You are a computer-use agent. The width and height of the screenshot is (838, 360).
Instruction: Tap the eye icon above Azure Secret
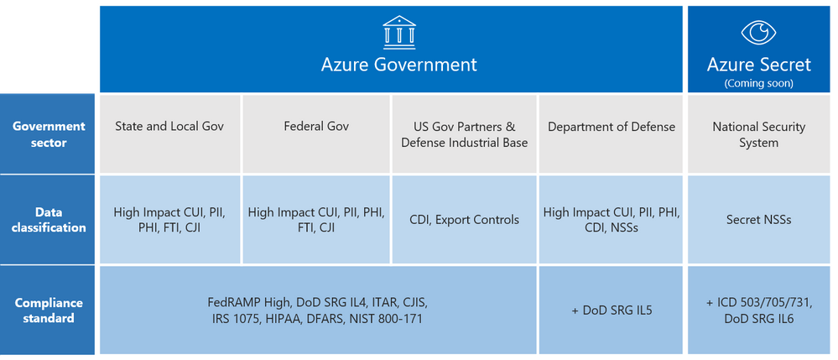pyautogui.click(x=758, y=32)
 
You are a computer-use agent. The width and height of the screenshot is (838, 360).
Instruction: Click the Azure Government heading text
pyautogui.click(x=399, y=65)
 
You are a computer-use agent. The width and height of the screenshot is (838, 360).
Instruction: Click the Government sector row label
pyautogui.click(x=49, y=134)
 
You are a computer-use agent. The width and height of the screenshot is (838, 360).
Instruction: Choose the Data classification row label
pyautogui.click(x=49, y=220)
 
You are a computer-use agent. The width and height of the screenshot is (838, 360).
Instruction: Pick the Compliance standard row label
pyautogui.click(x=49, y=310)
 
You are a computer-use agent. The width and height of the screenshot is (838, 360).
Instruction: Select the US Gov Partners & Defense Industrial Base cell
pyautogui.click(x=464, y=134)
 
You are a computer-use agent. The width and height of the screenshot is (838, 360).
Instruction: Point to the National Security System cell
pyautogui.click(x=758, y=134)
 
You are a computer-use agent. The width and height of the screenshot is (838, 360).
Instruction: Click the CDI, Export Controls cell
pyautogui.click(x=464, y=220)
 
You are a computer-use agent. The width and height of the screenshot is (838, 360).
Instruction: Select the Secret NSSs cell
pyautogui.click(x=758, y=220)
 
